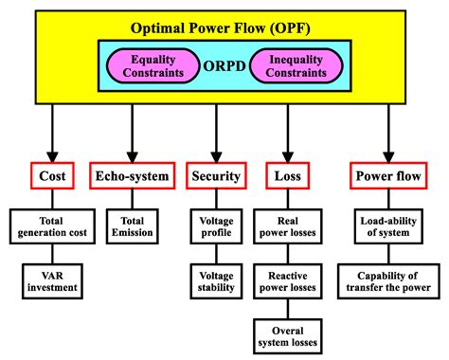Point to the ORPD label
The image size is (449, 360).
pos(224,67)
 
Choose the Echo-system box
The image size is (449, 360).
pos(132,176)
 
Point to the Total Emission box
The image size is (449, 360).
pos(132,226)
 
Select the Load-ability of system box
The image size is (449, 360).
pos(388,226)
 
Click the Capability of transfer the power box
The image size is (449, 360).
pos(388,279)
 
